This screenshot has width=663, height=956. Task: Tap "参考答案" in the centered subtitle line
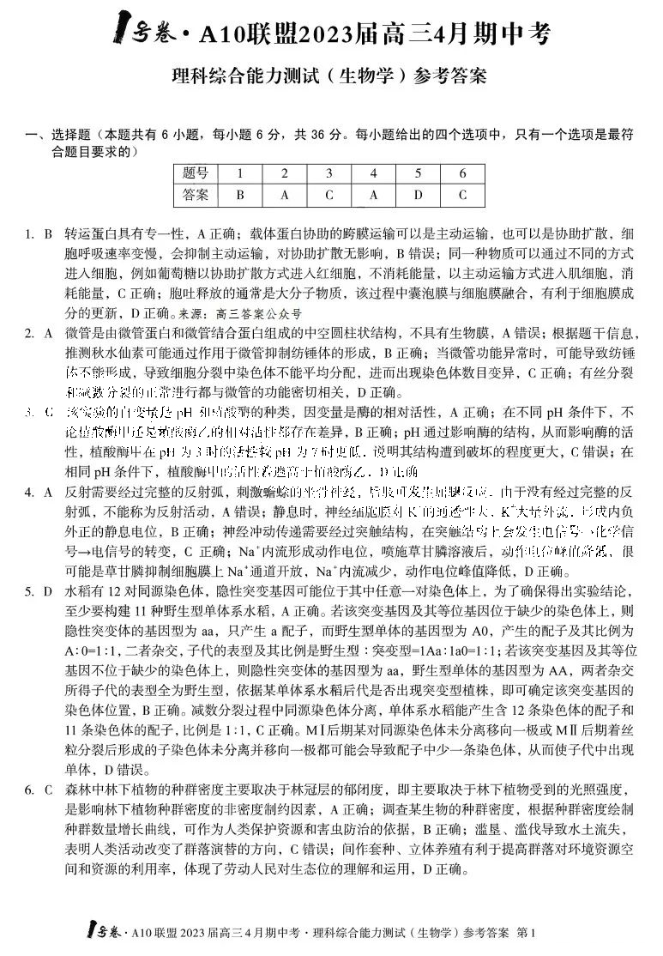point(452,76)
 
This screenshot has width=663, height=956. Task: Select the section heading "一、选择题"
point(61,136)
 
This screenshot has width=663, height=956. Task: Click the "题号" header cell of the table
point(196,173)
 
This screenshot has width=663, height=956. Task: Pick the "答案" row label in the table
point(196,195)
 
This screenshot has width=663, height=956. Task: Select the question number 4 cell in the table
point(374,173)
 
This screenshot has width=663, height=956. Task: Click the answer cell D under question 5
point(418,195)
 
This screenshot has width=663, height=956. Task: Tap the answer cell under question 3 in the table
point(329,195)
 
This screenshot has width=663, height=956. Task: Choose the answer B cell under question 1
point(240,195)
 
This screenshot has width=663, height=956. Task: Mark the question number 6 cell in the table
point(462,173)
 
